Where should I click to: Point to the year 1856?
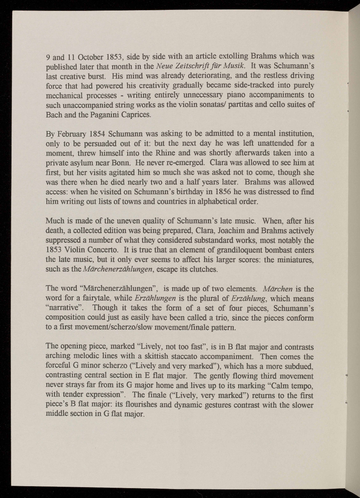[x=198, y=192]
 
